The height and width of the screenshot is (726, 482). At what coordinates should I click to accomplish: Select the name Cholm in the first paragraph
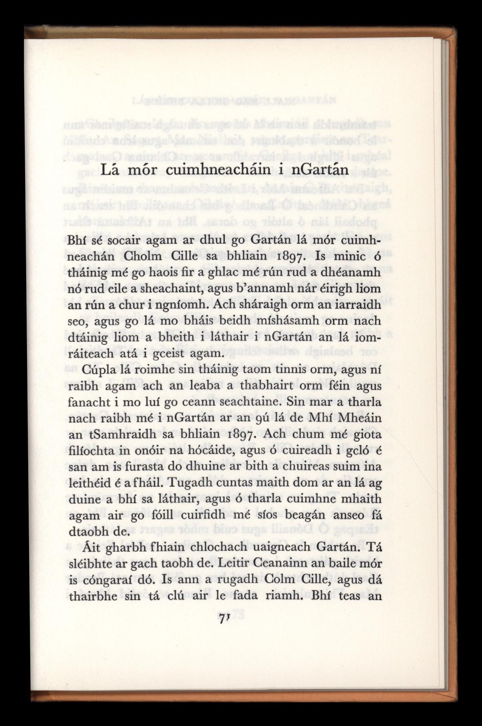pos(142,256)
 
